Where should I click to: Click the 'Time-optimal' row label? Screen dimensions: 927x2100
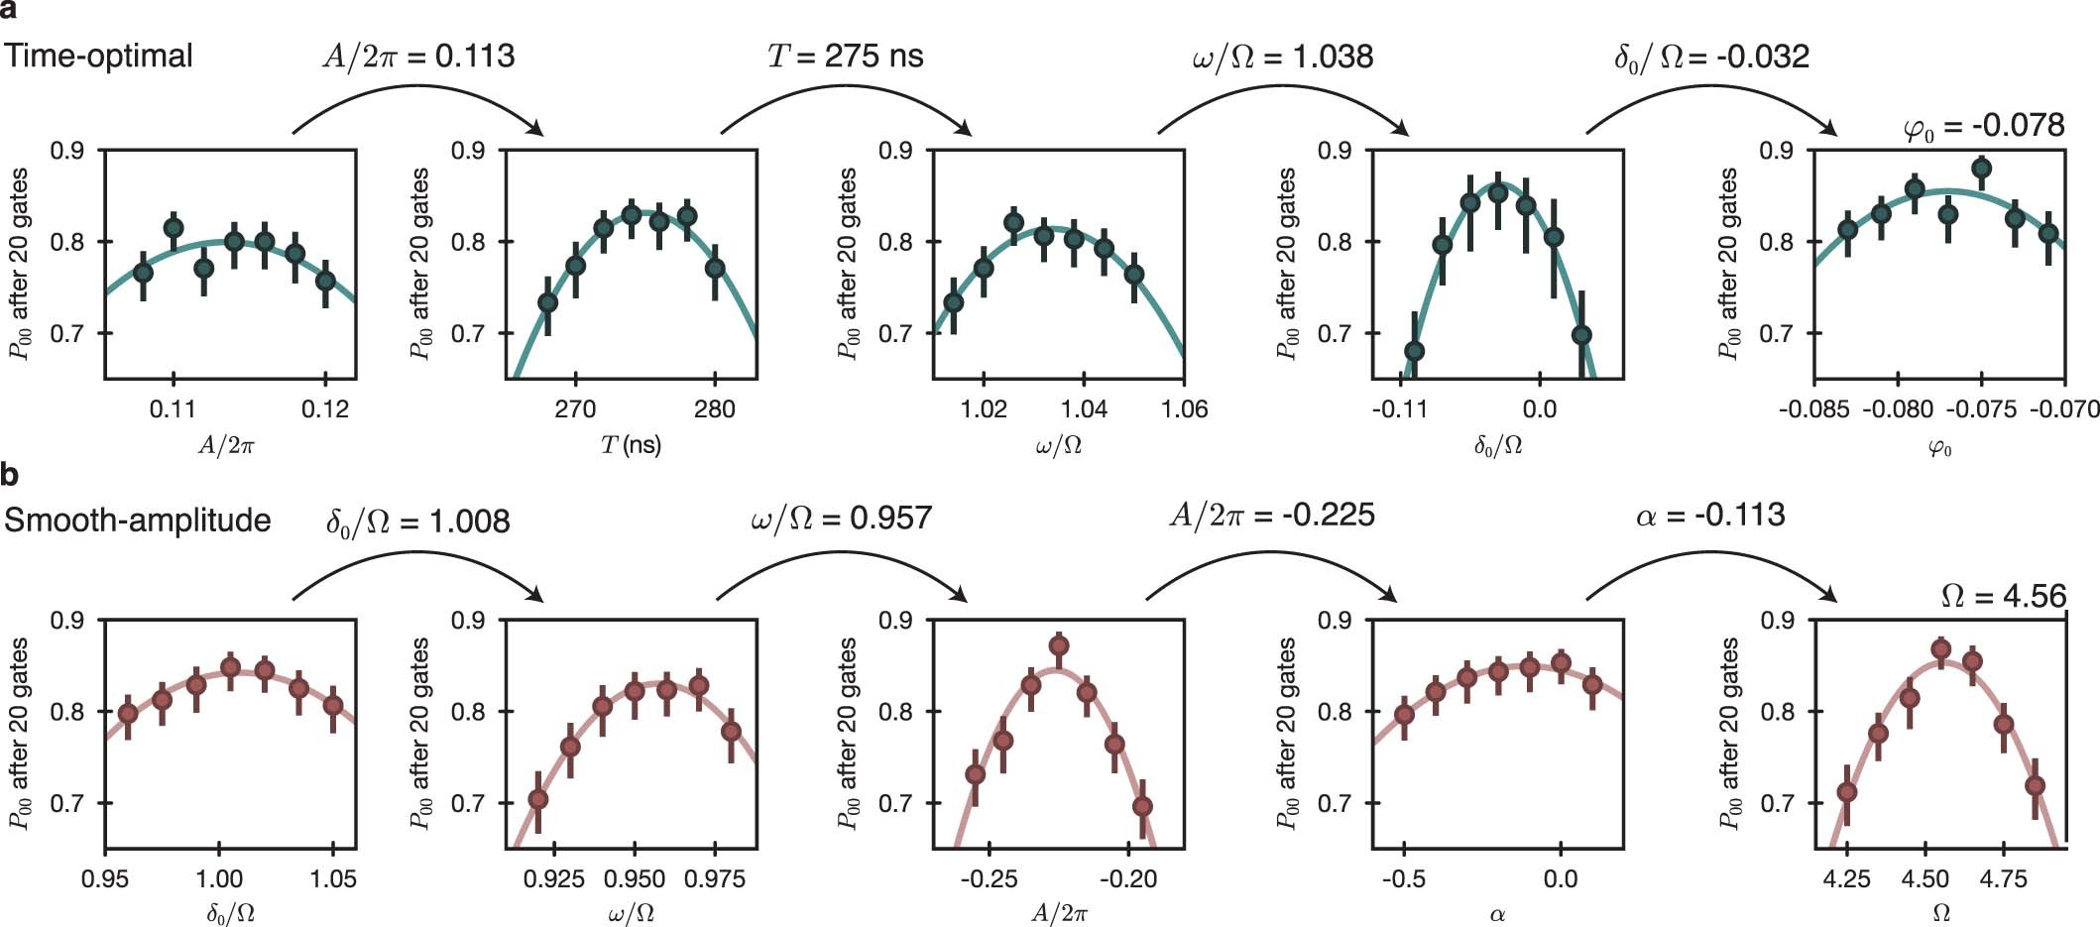98,56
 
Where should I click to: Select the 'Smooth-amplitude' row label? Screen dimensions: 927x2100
137,521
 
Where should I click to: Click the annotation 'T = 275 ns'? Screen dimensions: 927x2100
845,56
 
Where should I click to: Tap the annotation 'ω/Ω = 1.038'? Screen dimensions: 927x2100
1282,57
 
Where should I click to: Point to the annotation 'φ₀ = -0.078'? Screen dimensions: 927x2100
1984,126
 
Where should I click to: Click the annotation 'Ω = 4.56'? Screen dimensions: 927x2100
2003,596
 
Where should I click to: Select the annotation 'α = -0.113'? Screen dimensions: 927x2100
1709,516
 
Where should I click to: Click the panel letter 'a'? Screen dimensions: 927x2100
9,11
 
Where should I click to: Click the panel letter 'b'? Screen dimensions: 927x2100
9,475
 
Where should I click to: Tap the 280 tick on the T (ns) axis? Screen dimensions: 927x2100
714,409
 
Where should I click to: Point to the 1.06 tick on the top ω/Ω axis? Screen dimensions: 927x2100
1184,409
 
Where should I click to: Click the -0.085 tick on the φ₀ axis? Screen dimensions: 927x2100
1814,409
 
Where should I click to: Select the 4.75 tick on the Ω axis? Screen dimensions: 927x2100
2003,879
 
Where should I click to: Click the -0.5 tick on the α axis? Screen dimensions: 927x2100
1403,879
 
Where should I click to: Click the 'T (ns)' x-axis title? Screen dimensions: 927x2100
631,445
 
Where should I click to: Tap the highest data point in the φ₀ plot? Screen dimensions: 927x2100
1981,169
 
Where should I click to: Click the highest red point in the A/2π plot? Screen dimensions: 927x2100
1059,646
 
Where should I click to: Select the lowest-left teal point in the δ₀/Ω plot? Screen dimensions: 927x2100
1415,351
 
